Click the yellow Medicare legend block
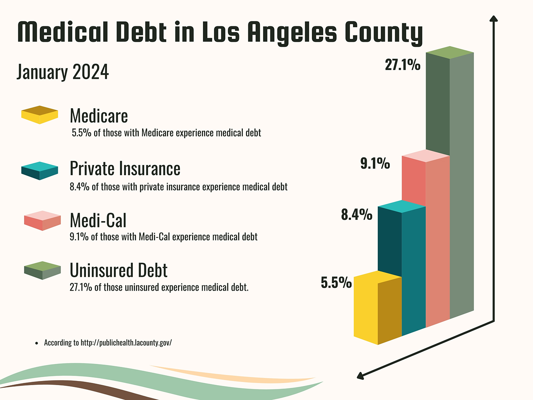click(x=40, y=115)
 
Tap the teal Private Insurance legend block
click(x=40, y=171)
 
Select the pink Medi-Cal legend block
click(x=42, y=221)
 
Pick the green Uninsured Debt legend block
click(x=42, y=270)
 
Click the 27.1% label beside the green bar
click(x=402, y=65)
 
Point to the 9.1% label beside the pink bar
click(x=375, y=163)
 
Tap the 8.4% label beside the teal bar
click(x=356, y=215)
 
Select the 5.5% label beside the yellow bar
click(x=336, y=283)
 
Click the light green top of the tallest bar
click(x=450, y=53)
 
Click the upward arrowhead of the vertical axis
click(x=493, y=19)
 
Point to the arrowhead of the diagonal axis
click(x=360, y=376)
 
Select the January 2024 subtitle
click(x=63, y=72)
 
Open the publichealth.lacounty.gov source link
click(x=126, y=342)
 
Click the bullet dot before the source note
click(x=37, y=343)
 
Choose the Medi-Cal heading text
click(x=98, y=220)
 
